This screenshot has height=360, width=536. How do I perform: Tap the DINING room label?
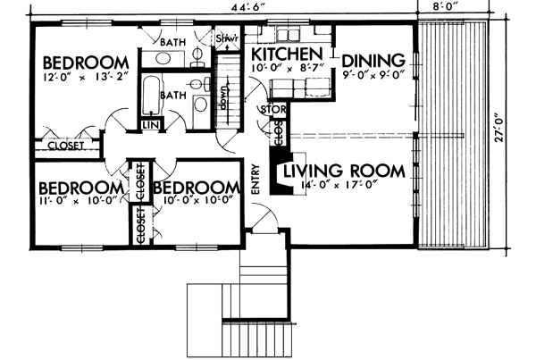click(374, 61)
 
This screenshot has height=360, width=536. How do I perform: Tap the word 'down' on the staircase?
click(223, 92)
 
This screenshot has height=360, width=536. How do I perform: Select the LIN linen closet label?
click(149, 126)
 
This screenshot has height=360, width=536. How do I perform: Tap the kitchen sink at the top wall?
click(287, 34)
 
